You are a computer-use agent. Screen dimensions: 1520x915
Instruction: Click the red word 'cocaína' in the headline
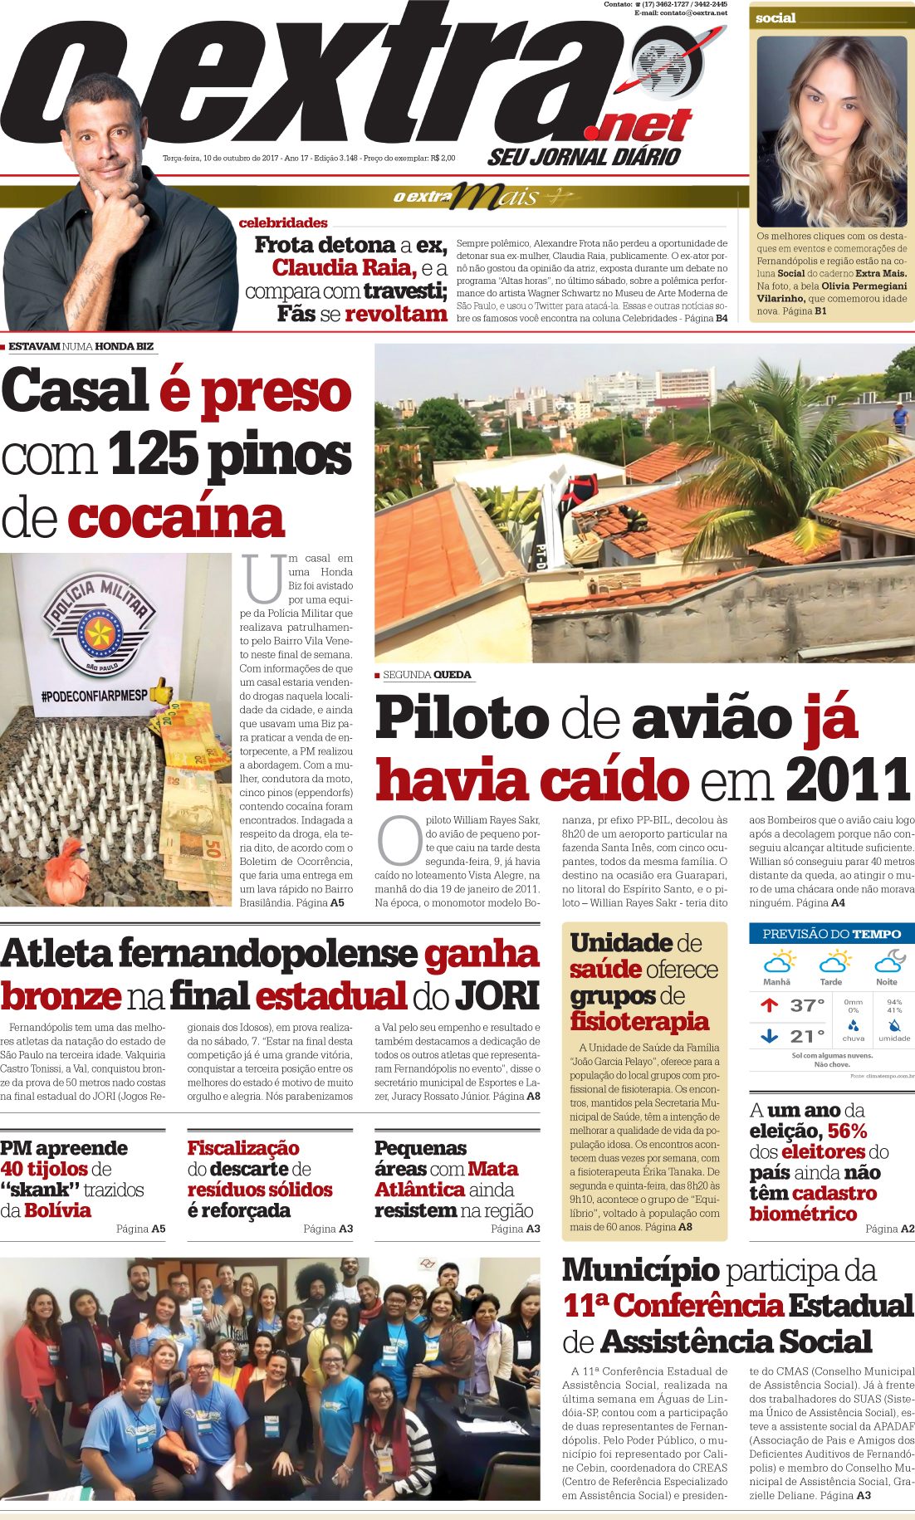point(176,519)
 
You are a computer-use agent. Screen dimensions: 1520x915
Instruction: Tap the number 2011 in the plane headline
point(848,780)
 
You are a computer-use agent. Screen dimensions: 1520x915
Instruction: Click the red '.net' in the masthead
point(639,125)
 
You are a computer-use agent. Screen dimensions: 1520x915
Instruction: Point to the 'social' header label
point(776,18)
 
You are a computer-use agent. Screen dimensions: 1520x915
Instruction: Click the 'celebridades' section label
point(283,222)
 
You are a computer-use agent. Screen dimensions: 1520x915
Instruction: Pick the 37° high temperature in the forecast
point(806,1005)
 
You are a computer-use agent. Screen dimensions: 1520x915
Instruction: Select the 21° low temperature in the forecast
point(806,1036)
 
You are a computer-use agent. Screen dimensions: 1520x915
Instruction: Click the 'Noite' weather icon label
point(887,982)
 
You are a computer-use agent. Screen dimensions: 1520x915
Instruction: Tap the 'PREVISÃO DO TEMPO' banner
point(831,934)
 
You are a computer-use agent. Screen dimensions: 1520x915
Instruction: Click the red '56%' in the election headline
point(847,1131)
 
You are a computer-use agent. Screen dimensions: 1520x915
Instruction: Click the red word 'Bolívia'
point(57,1210)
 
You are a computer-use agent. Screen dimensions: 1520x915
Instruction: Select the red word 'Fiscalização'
point(243,1147)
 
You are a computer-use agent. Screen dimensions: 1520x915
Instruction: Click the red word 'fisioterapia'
point(639,1021)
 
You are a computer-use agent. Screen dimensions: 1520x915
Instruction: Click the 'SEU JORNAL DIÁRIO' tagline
point(584,157)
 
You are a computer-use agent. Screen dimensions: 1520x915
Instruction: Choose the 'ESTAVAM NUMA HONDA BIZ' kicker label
point(81,346)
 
